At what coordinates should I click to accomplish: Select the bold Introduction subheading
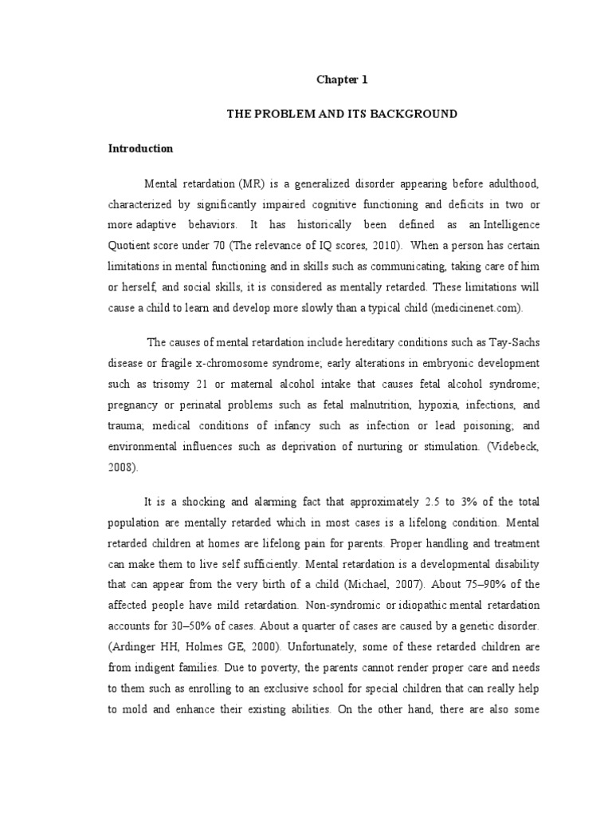click(141, 148)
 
